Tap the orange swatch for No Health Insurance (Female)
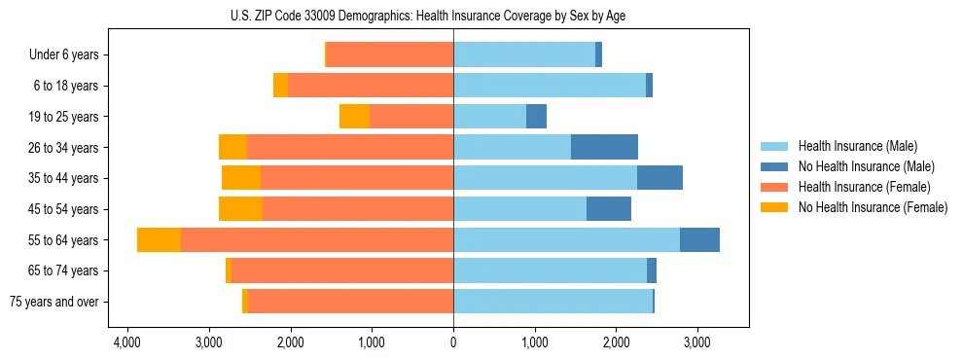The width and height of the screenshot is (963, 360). [x=775, y=207]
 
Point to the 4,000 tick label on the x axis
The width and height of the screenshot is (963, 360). [x=128, y=342]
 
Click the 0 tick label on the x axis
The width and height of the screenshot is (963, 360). [x=453, y=342]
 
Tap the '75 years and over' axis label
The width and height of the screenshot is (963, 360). [x=53, y=302]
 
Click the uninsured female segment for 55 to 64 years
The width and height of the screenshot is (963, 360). [x=159, y=240]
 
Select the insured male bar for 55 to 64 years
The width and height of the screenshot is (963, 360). [x=566, y=240]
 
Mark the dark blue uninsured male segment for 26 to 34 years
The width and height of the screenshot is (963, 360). [x=604, y=148]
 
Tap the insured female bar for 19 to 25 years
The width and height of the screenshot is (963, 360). [x=411, y=117]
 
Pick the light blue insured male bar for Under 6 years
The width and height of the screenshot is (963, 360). [x=524, y=55]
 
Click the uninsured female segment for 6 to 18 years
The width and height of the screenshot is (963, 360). [x=280, y=86]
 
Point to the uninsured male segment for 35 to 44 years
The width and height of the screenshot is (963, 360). [x=660, y=178]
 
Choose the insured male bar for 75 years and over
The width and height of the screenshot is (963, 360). [x=553, y=302]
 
